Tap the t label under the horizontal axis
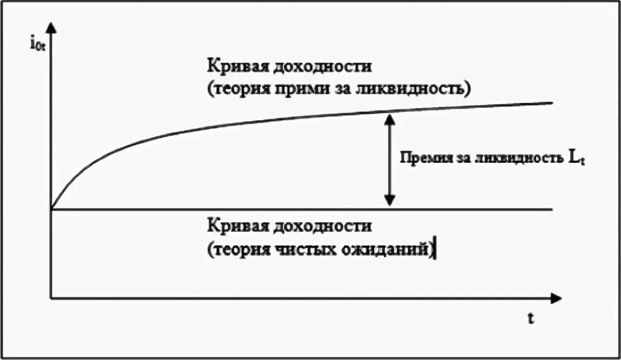(532, 319)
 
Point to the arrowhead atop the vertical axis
(52, 28)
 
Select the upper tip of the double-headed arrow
(390, 116)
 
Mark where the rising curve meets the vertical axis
(52, 208)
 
